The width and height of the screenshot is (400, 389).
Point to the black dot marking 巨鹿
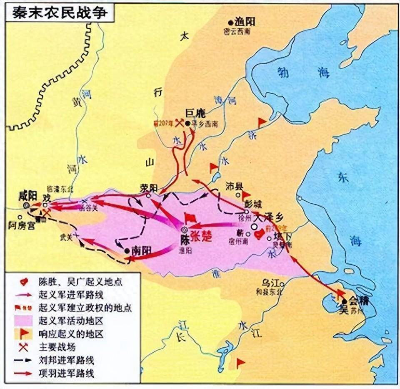click(188, 123)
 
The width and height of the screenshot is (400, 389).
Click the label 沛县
click(234, 186)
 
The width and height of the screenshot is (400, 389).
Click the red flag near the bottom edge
click(240, 363)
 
